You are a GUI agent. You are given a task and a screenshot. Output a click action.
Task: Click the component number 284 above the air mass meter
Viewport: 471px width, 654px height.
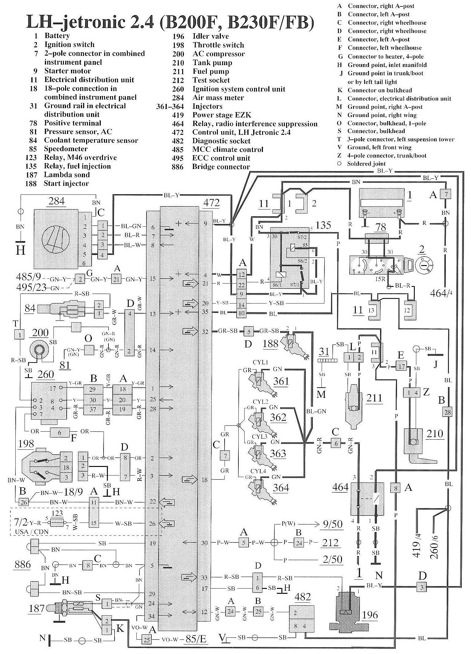(x=57, y=201)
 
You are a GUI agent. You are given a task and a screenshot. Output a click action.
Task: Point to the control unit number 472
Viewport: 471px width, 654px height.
(x=211, y=203)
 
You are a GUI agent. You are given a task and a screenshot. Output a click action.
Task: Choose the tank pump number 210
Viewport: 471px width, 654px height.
(x=435, y=433)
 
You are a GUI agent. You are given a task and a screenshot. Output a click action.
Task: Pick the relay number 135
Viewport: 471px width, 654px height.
(x=323, y=225)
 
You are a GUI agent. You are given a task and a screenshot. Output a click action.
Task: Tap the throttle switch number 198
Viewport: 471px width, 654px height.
(x=27, y=443)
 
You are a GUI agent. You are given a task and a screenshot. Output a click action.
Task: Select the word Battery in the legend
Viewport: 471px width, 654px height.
(x=57, y=36)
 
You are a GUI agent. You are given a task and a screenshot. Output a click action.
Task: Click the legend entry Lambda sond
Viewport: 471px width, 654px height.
(x=67, y=175)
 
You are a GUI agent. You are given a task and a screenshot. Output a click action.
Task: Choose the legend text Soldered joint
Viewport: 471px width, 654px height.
(x=366, y=164)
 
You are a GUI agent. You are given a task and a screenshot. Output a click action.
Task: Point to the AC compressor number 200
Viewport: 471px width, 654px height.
(x=40, y=333)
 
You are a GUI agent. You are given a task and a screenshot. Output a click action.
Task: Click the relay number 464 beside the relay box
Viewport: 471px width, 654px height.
(x=340, y=487)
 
